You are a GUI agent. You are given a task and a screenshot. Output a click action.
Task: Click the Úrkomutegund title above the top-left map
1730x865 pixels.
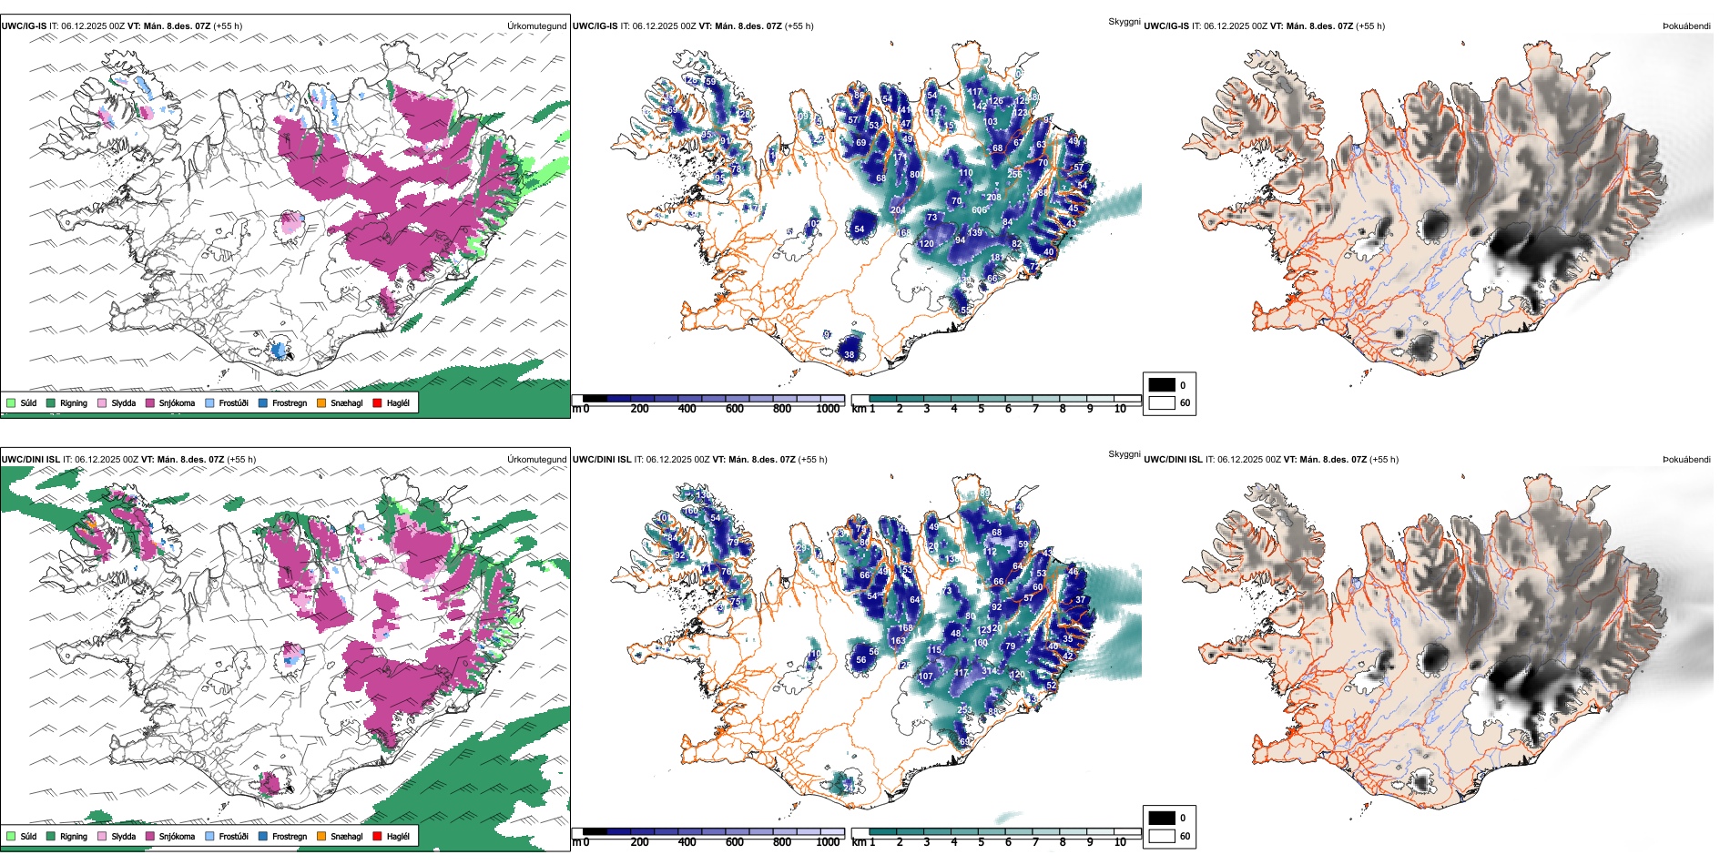click(536, 26)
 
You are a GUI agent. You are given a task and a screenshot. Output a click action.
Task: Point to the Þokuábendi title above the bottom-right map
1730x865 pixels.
click(1686, 460)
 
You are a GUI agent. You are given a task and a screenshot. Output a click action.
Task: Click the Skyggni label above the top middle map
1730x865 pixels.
click(1124, 21)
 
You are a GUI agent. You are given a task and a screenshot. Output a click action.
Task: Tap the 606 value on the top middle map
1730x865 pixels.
click(980, 210)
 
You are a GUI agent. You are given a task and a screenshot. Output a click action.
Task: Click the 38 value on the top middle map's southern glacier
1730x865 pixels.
click(850, 355)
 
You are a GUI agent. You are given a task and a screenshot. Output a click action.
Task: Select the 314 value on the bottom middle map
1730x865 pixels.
click(988, 672)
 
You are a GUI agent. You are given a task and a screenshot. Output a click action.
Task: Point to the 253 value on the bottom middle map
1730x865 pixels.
click(964, 710)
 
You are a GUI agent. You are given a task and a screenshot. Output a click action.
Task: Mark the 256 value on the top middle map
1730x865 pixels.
click(1014, 174)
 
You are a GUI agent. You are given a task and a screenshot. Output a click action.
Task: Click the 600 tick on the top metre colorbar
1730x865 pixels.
click(735, 409)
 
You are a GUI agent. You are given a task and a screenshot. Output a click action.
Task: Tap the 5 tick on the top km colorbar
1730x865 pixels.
click(981, 409)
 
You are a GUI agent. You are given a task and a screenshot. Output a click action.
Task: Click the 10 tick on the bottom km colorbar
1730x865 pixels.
click(1120, 842)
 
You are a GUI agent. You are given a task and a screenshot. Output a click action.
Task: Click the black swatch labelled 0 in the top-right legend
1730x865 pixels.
click(1162, 385)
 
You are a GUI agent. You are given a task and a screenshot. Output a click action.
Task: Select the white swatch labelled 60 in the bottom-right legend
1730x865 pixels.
click(1162, 836)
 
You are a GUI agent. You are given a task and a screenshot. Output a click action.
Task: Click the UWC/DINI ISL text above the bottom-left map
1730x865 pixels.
click(30, 460)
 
